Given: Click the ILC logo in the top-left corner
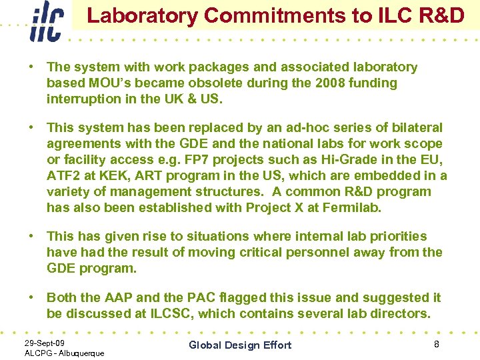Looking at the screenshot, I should (46, 21).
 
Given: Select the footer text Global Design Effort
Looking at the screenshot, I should (240, 345).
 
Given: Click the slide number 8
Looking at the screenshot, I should (436, 343).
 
